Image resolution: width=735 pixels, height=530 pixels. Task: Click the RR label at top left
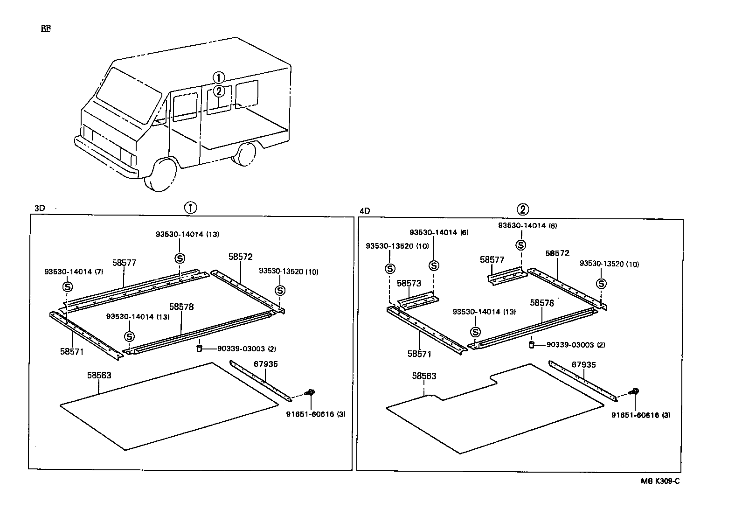[x=46, y=28]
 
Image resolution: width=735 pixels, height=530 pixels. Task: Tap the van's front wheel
[x=160, y=175]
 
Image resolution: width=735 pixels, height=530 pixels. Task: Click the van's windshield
[x=129, y=96]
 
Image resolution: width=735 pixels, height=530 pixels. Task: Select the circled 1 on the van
[x=219, y=78]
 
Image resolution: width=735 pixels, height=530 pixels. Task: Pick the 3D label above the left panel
[x=40, y=208]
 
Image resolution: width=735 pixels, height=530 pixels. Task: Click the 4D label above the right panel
[x=365, y=211]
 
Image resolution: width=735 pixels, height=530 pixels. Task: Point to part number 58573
[x=409, y=283]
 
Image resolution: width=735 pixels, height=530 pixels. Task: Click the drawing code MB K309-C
[x=660, y=481]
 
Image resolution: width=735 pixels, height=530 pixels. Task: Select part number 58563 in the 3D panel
[x=99, y=375]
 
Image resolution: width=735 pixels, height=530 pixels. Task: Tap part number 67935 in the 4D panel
[x=584, y=364]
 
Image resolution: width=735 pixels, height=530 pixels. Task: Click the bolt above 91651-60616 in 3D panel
[x=310, y=392]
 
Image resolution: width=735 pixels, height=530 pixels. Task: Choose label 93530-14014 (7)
[x=74, y=272]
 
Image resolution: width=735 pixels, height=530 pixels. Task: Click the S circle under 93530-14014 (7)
[x=67, y=287]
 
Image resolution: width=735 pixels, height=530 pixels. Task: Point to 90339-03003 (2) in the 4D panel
[x=576, y=345]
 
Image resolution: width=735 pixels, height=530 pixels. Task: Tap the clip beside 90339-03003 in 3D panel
[x=199, y=348]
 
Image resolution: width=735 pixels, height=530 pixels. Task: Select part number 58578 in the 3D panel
[x=181, y=307]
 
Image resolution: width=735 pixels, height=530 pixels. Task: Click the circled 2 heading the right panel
[x=523, y=209]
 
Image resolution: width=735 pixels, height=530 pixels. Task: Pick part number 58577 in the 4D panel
[x=492, y=260]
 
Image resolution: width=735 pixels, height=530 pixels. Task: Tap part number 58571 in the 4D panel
[x=419, y=354]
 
